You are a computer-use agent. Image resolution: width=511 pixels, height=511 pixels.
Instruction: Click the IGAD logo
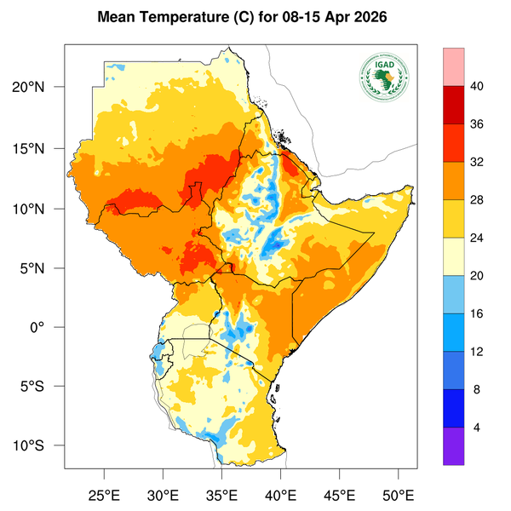(384, 79)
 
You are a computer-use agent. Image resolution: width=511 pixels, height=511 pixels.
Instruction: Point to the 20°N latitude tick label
(38, 88)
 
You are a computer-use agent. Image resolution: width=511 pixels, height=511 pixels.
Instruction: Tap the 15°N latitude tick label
(38, 148)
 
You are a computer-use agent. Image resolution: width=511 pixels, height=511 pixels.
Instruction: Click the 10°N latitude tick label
(38, 209)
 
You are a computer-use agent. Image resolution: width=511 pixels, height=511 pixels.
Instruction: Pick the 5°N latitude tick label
(42, 268)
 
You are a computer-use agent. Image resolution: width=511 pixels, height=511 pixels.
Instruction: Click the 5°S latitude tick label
(42, 387)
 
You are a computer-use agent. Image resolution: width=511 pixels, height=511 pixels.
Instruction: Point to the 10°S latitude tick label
(38, 446)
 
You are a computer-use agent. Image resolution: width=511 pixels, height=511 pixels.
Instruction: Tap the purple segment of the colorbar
(454, 445)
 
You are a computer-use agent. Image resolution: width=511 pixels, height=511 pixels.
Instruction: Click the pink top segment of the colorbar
(454, 66)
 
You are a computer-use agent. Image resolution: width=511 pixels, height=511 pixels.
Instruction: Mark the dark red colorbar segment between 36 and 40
(454, 104)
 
